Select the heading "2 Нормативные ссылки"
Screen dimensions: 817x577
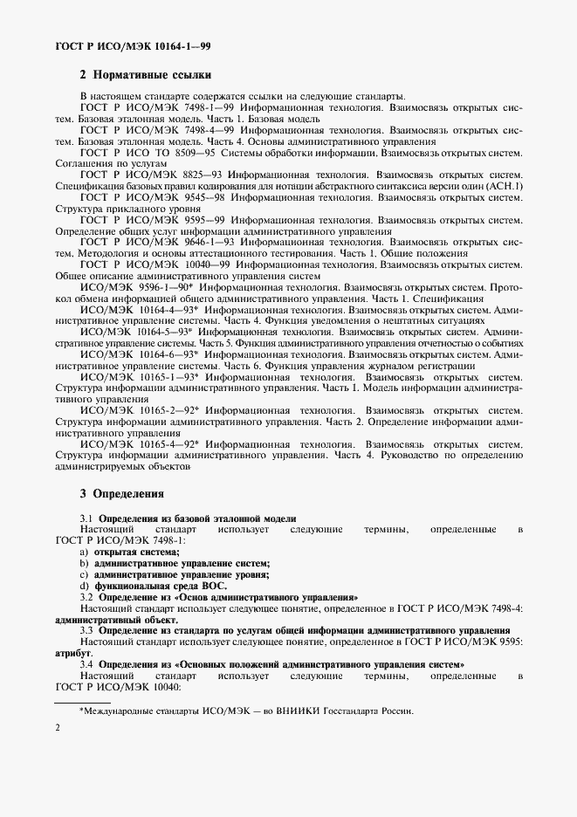(145, 76)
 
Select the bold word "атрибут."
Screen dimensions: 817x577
(74, 652)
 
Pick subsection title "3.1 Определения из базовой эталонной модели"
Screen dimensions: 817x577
(189, 518)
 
